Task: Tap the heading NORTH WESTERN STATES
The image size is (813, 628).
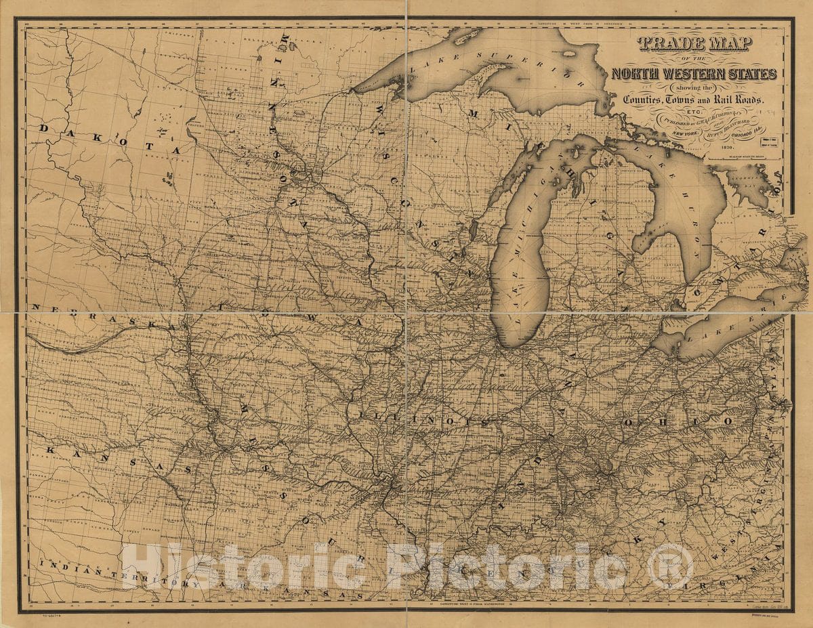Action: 694,74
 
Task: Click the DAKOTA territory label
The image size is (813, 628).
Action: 109,138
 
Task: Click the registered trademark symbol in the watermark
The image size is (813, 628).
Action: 670,566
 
